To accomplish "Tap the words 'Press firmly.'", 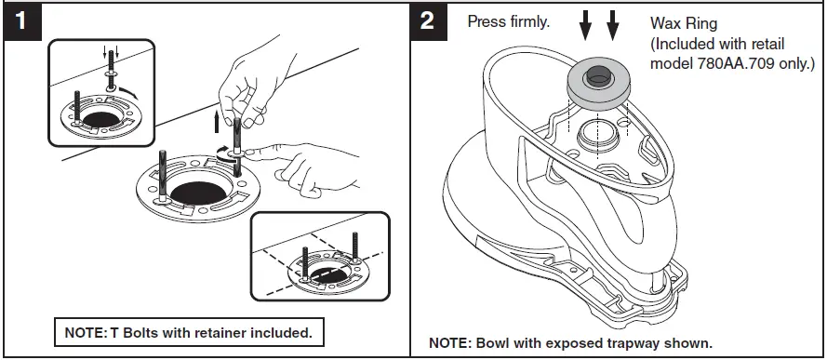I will click(508, 21).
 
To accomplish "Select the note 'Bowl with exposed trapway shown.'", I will click(570, 341).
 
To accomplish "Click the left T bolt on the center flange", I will click(163, 177).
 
